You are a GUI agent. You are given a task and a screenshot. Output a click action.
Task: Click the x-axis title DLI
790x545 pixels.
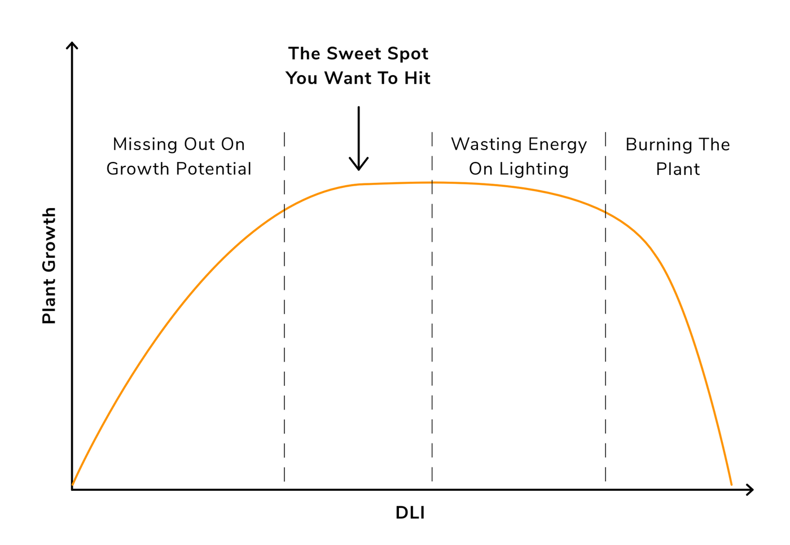click(410, 513)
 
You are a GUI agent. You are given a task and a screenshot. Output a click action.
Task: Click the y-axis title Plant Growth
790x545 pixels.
click(50, 266)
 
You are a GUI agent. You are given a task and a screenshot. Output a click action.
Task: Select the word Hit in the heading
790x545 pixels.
click(417, 78)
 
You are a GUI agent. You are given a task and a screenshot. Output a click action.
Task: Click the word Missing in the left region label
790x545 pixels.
click(145, 144)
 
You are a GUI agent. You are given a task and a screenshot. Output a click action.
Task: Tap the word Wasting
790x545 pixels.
click(486, 144)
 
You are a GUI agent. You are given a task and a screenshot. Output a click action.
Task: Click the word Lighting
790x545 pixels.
click(534, 169)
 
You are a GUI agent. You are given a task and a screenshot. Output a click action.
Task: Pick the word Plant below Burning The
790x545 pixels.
click(678, 169)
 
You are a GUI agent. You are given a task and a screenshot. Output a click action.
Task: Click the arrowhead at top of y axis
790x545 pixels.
click(72, 45)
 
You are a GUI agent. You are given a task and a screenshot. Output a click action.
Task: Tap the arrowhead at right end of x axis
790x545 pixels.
click(750, 490)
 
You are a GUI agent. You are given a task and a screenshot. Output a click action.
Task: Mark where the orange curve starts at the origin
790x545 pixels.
click(73, 485)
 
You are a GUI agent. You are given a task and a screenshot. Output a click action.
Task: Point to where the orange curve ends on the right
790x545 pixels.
click(731, 484)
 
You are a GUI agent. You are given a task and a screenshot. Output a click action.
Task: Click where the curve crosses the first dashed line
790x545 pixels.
click(284, 210)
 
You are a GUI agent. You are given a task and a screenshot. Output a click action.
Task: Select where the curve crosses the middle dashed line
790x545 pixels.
click(432, 182)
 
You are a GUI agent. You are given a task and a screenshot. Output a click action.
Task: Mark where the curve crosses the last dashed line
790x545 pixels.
click(605, 213)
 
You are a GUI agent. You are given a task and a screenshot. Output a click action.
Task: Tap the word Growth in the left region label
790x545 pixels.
click(138, 169)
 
